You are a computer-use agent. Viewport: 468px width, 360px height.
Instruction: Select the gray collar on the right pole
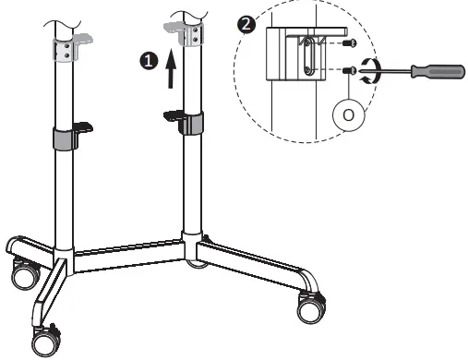click(192, 125)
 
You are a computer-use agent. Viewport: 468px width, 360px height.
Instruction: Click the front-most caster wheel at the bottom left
click(45, 342)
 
